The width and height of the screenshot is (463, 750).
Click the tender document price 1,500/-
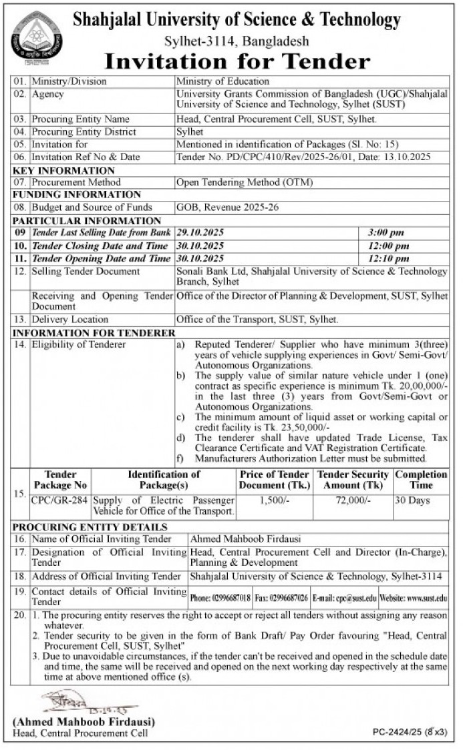tap(275, 500)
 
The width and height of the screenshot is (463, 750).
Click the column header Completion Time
tap(421, 480)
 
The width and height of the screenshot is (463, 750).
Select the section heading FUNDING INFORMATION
tap(77, 194)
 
